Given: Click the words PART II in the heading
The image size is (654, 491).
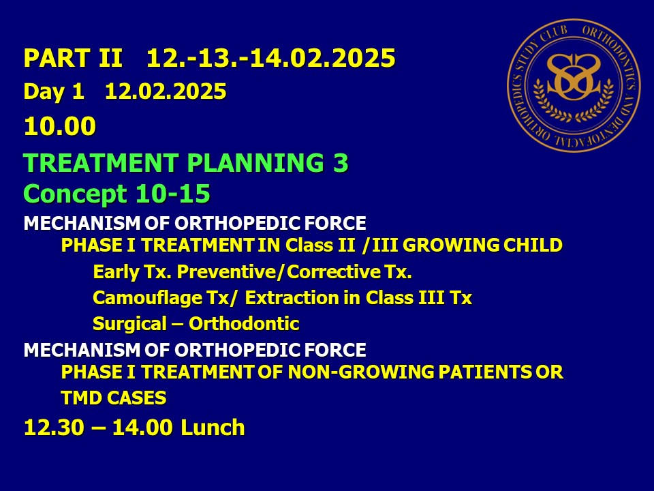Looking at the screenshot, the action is [73, 57].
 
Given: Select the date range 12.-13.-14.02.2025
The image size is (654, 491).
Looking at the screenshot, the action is [270, 57].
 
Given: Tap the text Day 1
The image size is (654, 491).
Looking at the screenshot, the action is [54, 91].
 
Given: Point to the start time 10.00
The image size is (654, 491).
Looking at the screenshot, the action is [60, 125].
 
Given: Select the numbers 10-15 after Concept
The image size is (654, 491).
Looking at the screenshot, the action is [172, 194].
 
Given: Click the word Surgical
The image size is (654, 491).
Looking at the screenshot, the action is [129, 324].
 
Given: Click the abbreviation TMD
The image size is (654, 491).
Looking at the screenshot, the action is [82, 398].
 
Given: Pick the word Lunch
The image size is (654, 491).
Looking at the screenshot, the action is [213, 428].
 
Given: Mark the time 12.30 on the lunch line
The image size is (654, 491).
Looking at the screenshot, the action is [54, 428].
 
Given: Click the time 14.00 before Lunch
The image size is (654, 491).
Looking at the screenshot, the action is [142, 428].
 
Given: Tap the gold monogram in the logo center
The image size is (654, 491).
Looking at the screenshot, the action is [574, 77].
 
